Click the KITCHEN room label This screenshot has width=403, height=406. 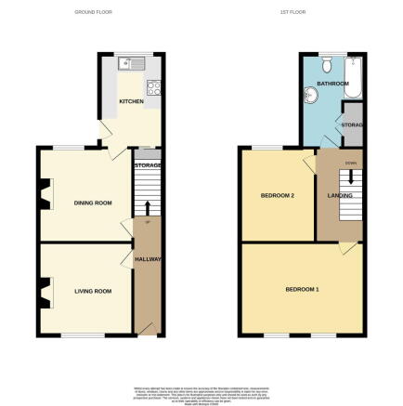tap(131, 100)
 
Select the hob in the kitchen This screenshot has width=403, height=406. tap(155, 90)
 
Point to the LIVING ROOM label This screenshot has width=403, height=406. tap(93, 291)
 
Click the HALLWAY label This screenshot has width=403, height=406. tap(149, 259)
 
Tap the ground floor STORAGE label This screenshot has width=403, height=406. tap(149, 165)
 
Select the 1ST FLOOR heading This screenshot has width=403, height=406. tap(292, 12)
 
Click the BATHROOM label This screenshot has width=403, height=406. tap(331, 85)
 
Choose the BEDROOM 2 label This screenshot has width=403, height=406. tap(278, 195)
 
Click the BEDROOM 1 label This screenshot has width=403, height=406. tap(303, 290)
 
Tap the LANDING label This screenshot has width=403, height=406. tap(337, 195)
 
